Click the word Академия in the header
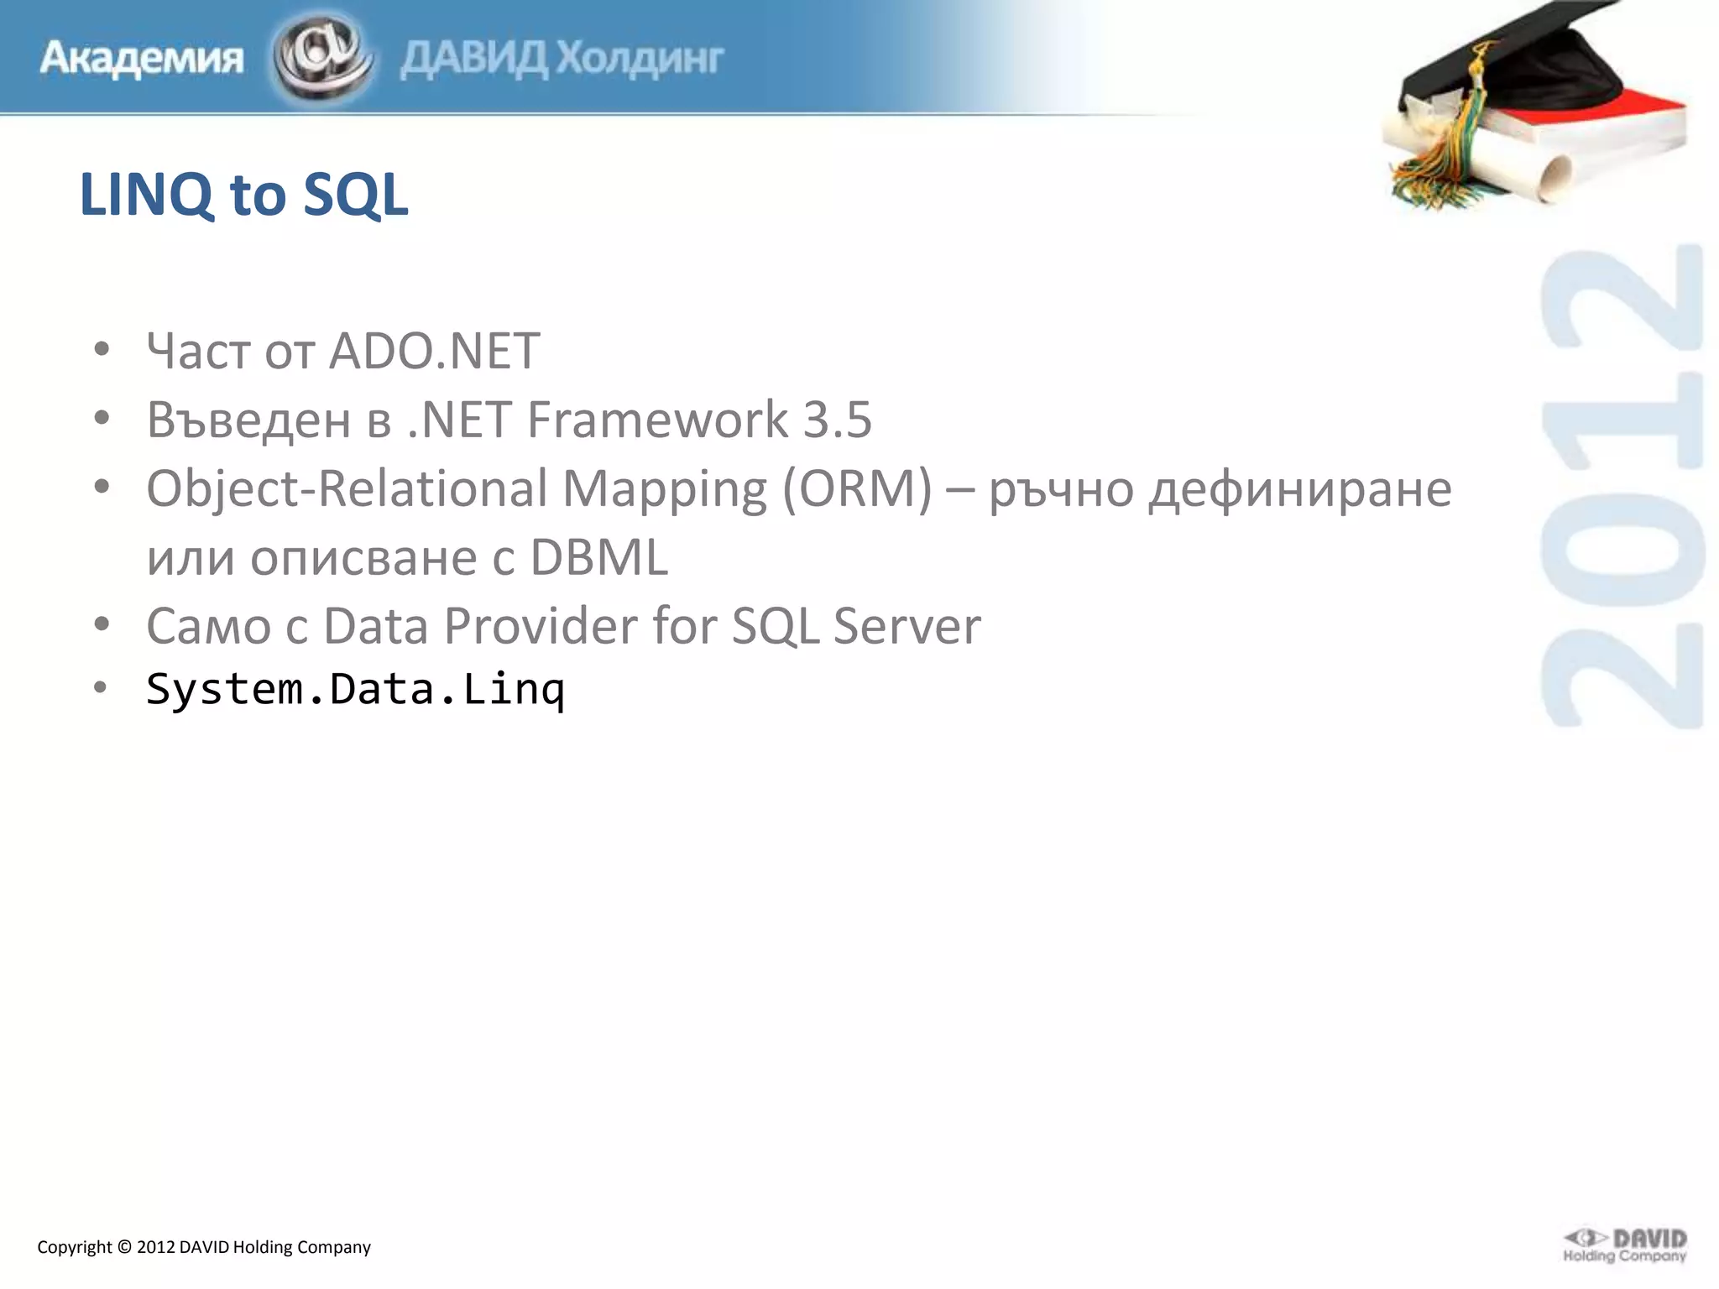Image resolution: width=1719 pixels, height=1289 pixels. tap(141, 59)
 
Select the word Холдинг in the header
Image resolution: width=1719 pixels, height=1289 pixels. tap(640, 59)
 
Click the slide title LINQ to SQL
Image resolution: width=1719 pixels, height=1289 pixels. tap(243, 195)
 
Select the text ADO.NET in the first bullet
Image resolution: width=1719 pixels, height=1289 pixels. tap(434, 351)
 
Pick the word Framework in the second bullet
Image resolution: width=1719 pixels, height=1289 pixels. tap(657, 420)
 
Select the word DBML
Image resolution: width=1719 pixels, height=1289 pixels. tap(598, 557)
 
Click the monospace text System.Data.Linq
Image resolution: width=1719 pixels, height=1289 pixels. tap(355, 690)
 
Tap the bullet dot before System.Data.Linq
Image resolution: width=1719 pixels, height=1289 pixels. tap(101, 688)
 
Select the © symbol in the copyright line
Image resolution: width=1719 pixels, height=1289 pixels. tap(124, 1247)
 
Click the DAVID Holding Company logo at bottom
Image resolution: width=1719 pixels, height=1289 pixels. tap(1624, 1245)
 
